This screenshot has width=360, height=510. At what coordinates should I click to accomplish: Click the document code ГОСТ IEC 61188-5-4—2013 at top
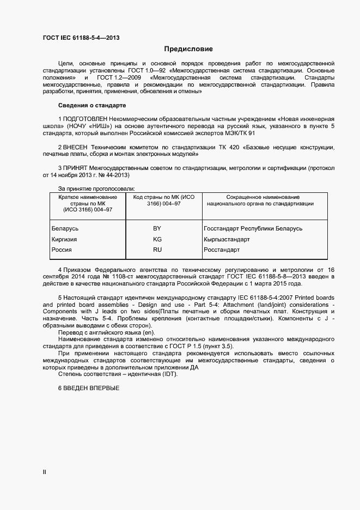[81, 38]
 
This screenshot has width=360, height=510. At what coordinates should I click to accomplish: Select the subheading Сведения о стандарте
[92, 105]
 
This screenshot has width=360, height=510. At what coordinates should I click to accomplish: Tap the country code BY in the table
[157, 229]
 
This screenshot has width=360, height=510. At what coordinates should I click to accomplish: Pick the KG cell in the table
[157, 239]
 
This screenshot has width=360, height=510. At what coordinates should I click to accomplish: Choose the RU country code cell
[157, 250]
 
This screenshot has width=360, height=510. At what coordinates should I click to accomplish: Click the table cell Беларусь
[65, 229]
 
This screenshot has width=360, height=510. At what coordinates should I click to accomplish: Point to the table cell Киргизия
[64, 239]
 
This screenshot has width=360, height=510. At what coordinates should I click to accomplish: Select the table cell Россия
[62, 250]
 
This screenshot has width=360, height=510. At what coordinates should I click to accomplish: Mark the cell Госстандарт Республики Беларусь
[253, 229]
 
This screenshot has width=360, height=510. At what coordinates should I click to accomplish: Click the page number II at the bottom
[45, 472]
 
